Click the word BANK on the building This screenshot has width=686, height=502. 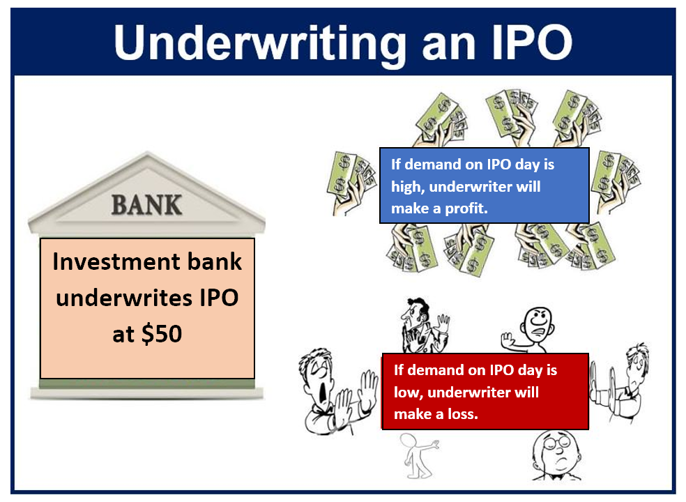146,205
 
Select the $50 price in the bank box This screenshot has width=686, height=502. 162,334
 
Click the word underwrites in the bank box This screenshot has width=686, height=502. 124,298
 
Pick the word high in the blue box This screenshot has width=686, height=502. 407,188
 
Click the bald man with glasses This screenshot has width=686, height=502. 556,455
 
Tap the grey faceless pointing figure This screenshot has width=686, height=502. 418,455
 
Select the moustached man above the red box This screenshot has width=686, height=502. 423,326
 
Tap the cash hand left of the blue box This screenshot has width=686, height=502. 351,183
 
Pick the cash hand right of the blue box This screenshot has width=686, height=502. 615,182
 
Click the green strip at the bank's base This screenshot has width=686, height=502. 147,384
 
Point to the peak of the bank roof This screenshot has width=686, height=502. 147,153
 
